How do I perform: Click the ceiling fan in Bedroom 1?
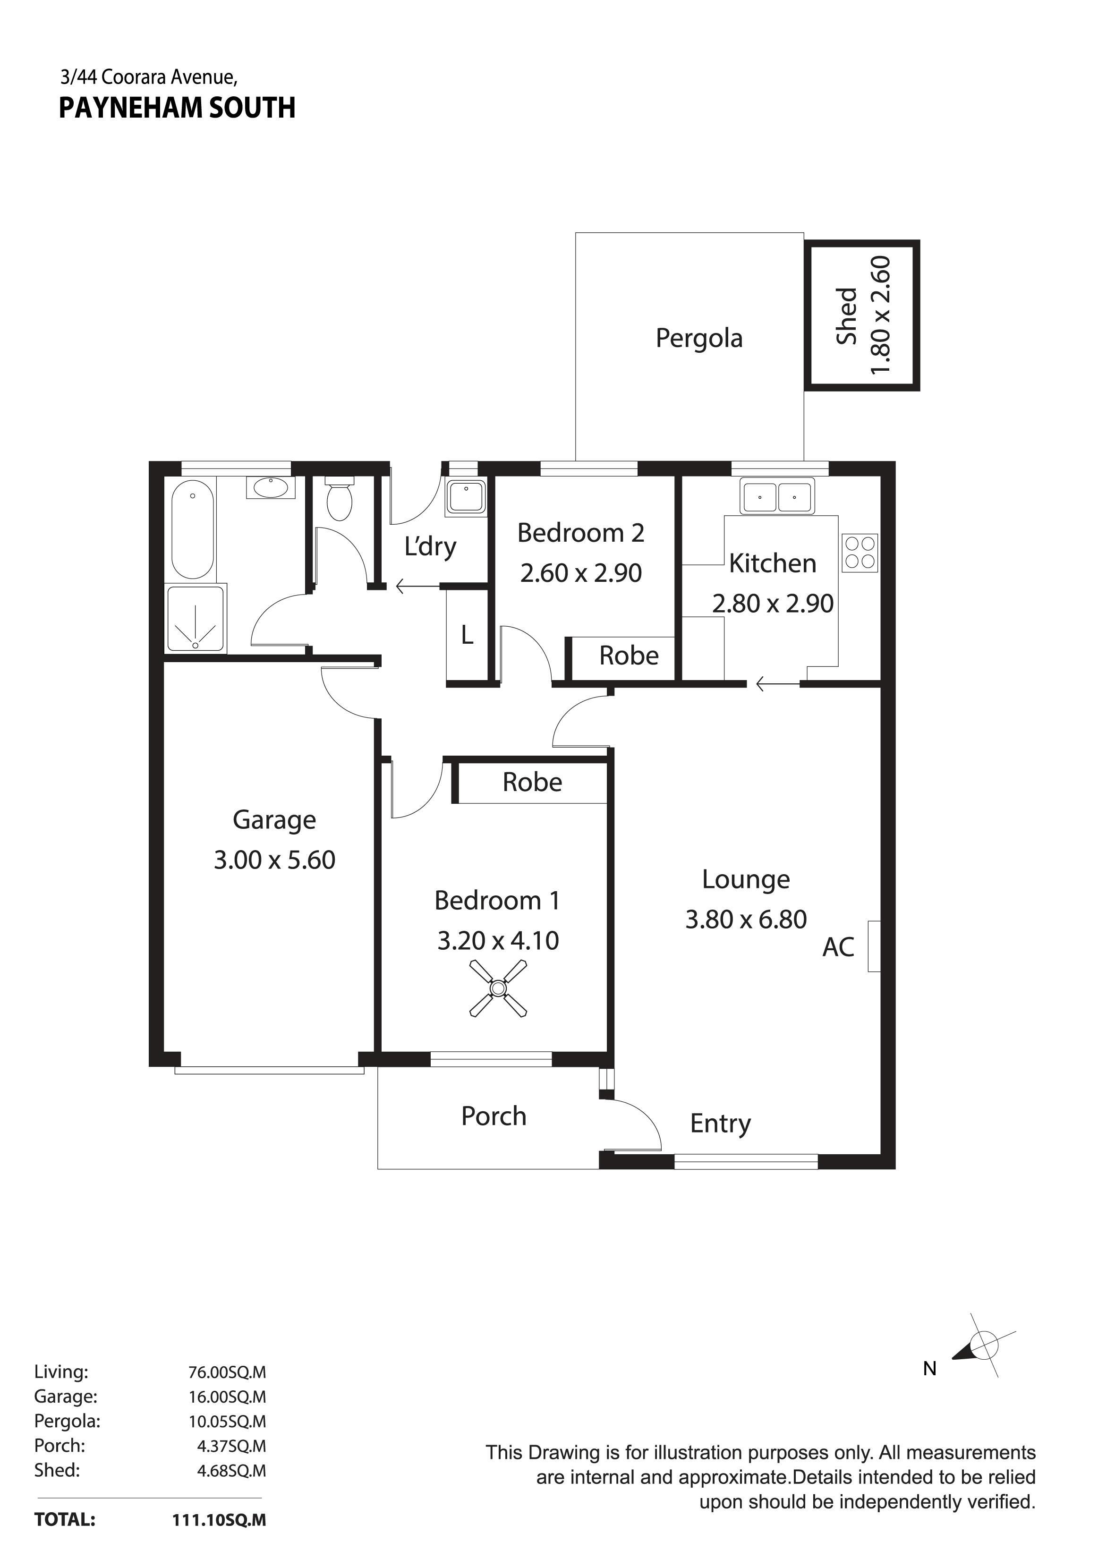click(x=498, y=988)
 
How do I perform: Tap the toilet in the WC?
click(x=339, y=498)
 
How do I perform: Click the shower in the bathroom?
click(x=196, y=618)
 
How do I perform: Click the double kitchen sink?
click(x=777, y=496)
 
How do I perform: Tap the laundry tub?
click(x=465, y=496)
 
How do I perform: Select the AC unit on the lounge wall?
click(x=874, y=946)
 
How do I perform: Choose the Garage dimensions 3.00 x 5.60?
click(x=274, y=860)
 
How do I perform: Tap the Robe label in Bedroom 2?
click(x=629, y=656)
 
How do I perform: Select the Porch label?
click(x=494, y=1116)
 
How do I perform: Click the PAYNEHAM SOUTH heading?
click(x=177, y=109)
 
